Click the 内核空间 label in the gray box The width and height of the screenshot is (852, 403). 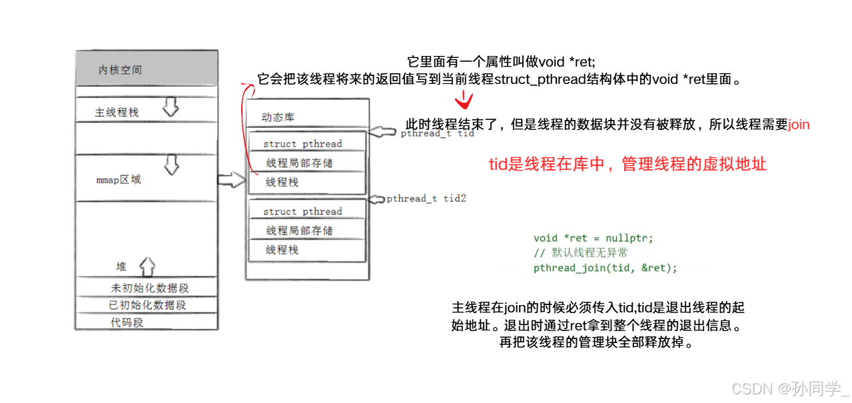tap(120, 70)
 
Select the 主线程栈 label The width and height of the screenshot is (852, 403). tap(117, 113)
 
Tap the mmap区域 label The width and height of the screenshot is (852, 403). tap(119, 180)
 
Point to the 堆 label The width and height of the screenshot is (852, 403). tap(121, 266)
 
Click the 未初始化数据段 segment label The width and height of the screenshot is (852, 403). tap(150, 288)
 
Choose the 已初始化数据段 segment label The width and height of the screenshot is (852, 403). tap(148, 305)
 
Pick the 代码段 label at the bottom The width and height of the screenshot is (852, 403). tap(127, 322)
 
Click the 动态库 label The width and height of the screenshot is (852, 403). tap(278, 117)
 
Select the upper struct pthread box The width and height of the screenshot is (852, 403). tap(302, 143)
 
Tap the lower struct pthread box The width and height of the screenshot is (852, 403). tap(302, 211)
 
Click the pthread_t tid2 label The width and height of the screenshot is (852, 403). tap(426, 199)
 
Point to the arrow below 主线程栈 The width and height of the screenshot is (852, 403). tap(171, 107)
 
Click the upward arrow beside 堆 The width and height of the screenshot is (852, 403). tap(147, 266)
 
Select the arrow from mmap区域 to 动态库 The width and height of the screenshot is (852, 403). tap(232, 179)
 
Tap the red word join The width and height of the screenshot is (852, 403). tap(799, 125)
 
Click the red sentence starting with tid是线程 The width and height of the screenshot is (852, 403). tap(628, 164)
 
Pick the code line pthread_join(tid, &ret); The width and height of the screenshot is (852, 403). tap(605, 268)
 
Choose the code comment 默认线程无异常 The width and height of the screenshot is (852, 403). tap(580, 252)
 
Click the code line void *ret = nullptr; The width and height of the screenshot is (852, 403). tap(593, 238)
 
